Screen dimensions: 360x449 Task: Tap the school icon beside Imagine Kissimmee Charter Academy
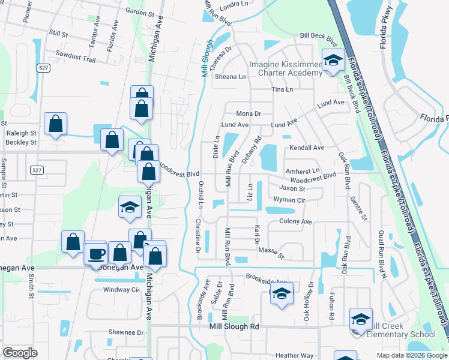[x=332, y=61]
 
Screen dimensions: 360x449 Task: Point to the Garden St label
[x=140, y=12]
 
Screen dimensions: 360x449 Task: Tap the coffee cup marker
[x=95, y=253]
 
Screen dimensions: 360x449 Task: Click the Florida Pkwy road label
[x=384, y=28]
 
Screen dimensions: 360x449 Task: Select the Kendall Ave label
[x=307, y=148]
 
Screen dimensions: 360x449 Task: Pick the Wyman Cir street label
[x=290, y=199]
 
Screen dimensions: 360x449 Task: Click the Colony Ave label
[x=296, y=221]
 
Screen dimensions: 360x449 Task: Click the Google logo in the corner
[x=20, y=353]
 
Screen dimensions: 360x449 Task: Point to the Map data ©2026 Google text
[x=412, y=355]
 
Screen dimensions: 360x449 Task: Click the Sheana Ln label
[x=231, y=77]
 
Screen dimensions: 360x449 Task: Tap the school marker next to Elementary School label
[x=361, y=319]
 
